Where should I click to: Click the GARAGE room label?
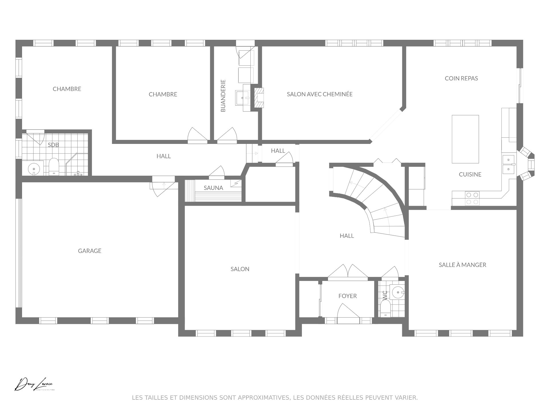pyautogui.click(x=90, y=251)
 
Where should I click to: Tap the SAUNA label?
pyautogui.click(x=213, y=188)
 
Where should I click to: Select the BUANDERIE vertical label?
pyautogui.click(x=223, y=96)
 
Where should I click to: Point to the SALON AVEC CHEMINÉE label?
pyautogui.click(x=320, y=94)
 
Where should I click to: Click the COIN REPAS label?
pyautogui.click(x=461, y=78)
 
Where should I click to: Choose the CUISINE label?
pyautogui.click(x=470, y=175)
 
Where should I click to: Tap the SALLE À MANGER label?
pyautogui.click(x=462, y=265)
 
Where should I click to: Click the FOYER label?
pyautogui.click(x=347, y=296)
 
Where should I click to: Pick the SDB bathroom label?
pyautogui.click(x=53, y=145)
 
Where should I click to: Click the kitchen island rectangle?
pyautogui.click(x=465, y=139)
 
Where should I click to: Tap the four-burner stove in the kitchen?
pyautogui.click(x=472, y=198)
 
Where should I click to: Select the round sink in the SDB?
pyautogui.click(x=34, y=169)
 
